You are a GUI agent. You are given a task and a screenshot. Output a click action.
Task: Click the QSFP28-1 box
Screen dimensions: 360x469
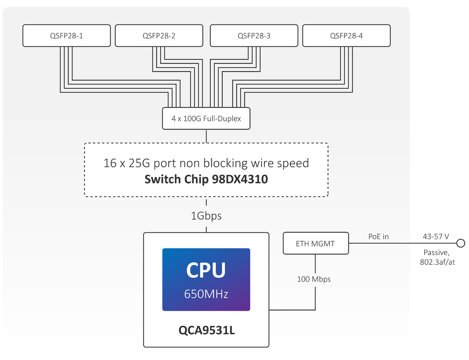pos(66,36)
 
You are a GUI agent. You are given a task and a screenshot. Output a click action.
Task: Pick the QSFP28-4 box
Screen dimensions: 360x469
pos(346,36)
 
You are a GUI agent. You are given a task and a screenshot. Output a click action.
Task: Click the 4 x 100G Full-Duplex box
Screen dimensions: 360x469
pos(206,118)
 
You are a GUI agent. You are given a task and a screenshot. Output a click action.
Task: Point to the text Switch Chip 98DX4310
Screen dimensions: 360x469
pos(206,179)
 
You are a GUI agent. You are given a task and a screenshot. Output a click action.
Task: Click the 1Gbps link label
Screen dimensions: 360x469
pos(206,216)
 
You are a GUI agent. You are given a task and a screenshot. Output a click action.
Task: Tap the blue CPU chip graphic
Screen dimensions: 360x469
pos(206,279)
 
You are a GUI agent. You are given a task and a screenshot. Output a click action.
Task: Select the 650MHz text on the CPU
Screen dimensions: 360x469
pos(206,294)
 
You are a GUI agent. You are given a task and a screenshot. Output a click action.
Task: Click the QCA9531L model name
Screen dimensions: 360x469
pos(206,331)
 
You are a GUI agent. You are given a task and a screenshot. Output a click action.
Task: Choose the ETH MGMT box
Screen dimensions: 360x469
pos(315,244)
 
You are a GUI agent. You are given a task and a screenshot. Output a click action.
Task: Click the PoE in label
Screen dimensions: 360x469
pos(378,236)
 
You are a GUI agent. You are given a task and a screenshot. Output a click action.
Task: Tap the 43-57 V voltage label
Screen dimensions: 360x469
pos(436,236)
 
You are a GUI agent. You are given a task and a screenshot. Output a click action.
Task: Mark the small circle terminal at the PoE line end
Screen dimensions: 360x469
pos(461,244)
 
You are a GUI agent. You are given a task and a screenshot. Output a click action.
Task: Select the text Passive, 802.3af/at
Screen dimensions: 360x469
pos(437,258)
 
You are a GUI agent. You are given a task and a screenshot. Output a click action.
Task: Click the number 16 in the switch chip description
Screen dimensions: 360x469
pos(110,163)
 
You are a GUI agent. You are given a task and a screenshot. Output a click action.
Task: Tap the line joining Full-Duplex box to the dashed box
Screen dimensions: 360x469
pos(206,136)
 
